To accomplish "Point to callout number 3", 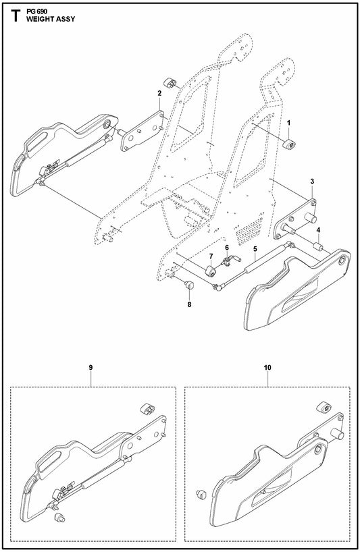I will coord(312,182).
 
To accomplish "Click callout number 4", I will coord(319,230).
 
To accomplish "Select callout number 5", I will coord(255,249).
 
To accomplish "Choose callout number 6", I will coord(228,248).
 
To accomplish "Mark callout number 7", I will coord(210,256).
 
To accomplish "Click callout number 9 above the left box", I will coord(90,367).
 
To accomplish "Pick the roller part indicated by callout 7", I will coord(210,271).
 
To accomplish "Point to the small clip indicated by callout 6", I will coord(230,258).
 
